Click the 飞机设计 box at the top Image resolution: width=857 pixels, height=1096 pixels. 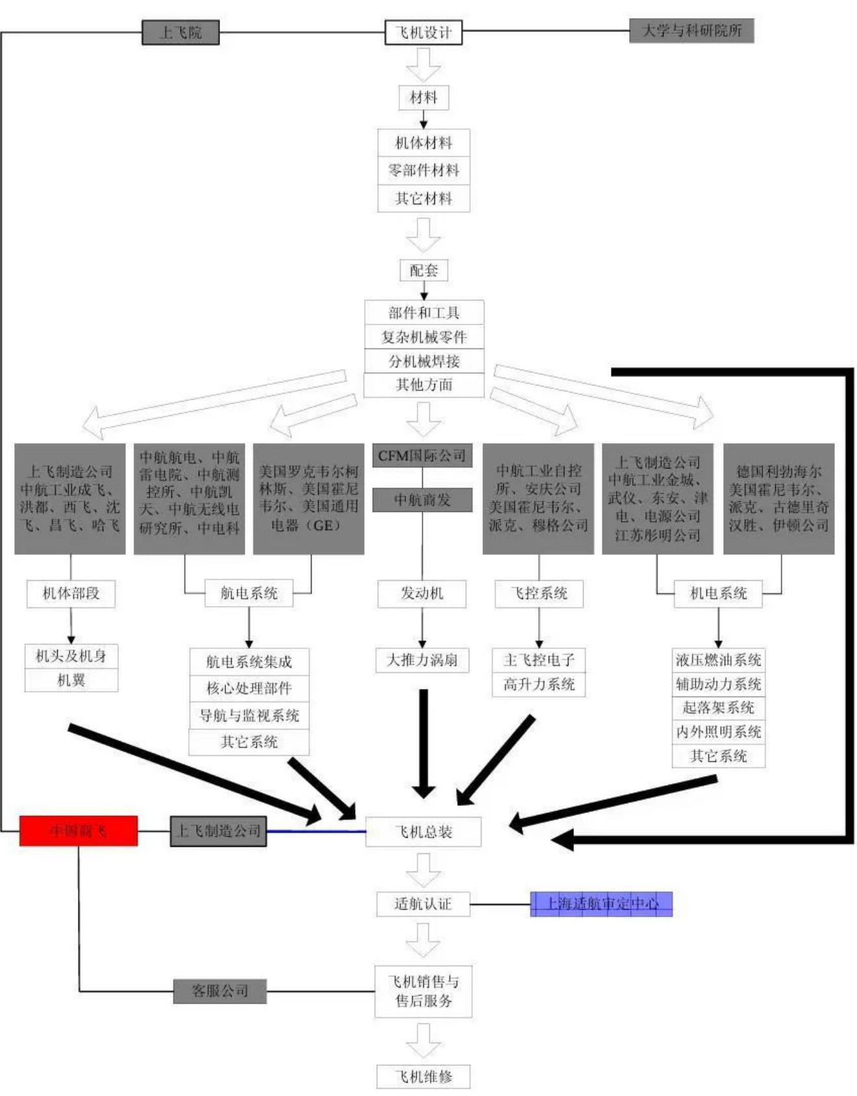(423, 32)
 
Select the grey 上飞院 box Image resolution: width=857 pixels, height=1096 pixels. (180, 32)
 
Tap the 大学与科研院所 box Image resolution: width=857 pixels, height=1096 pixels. (691, 30)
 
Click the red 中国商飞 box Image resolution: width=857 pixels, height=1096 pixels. (79, 831)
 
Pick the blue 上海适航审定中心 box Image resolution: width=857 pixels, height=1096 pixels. (601, 904)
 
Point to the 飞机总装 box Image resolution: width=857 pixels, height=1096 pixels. (423, 831)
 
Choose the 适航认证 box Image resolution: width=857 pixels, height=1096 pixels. (423, 903)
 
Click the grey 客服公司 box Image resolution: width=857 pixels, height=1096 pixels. (219, 991)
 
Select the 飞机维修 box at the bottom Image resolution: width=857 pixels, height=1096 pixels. (423, 1077)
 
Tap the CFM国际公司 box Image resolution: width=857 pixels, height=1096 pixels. (422, 456)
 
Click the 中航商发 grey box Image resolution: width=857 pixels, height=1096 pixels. (422, 500)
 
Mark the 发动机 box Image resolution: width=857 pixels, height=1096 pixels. (422, 593)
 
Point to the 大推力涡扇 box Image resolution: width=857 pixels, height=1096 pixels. (422, 660)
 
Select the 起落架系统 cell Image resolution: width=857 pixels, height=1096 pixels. (718, 707)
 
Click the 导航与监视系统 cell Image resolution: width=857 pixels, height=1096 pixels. (249, 715)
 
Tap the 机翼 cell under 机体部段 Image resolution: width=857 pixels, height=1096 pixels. (71, 680)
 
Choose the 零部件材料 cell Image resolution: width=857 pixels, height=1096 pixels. (423, 170)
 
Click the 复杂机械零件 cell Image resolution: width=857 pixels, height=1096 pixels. (424, 337)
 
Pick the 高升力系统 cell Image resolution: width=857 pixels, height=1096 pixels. (539, 685)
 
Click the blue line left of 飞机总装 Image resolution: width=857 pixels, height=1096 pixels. (316, 831)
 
